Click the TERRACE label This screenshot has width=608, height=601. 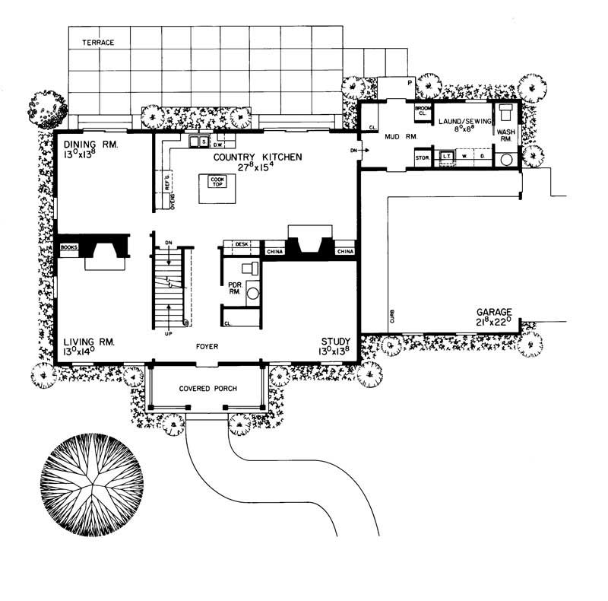point(98,43)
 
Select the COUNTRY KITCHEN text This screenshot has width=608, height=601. point(258,157)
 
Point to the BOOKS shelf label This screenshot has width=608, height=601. point(69,247)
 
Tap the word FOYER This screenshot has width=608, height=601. point(207,347)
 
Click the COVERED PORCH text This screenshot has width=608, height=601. point(208,389)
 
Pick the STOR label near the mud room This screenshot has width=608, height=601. point(423,157)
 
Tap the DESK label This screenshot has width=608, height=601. point(242,244)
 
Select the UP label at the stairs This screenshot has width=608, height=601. point(168,332)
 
